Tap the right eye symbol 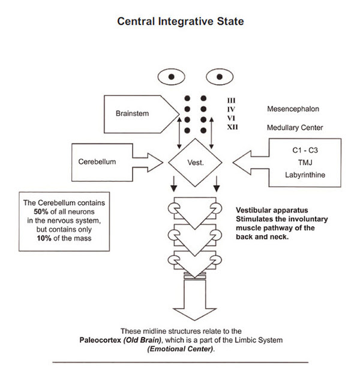coord(219,77)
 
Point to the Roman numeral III coord(233,100)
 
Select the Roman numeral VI coord(233,118)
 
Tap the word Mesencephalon coord(293,109)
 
